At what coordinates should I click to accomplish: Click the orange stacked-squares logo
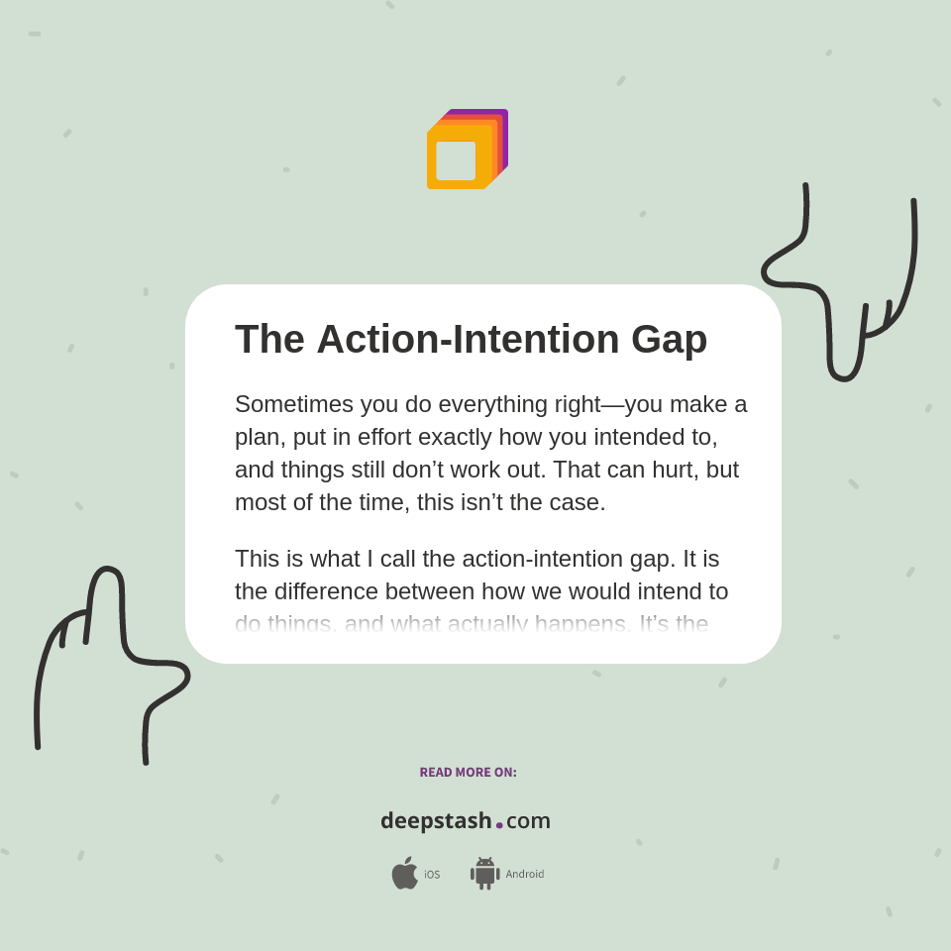(x=467, y=150)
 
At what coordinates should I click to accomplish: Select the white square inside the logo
(x=456, y=160)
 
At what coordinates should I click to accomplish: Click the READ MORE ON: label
(x=468, y=773)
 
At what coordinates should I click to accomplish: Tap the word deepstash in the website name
(x=436, y=821)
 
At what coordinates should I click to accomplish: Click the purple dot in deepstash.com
(x=499, y=825)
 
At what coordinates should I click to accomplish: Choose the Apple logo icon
(x=404, y=874)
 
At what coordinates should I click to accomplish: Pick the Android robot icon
(x=484, y=874)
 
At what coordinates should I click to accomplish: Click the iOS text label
(x=432, y=875)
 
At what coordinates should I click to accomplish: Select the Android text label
(x=525, y=875)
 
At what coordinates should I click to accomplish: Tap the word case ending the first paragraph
(x=578, y=502)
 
